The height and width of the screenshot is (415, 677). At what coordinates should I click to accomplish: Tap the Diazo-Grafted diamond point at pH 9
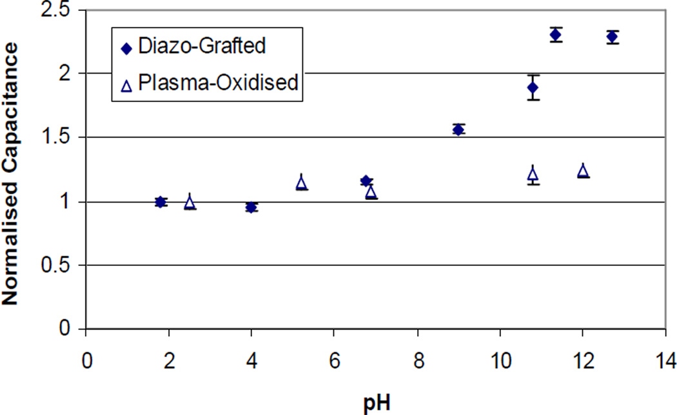pyautogui.click(x=458, y=129)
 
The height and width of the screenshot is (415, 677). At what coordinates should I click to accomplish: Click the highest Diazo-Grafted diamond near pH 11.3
pyautogui.click(x=556, y=34)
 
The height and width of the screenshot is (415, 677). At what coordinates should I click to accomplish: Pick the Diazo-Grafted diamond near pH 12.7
pyautogui.click(x=613, y=37)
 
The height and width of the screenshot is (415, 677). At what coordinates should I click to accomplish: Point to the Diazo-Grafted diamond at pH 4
pyautogui.click(x=251, y=207)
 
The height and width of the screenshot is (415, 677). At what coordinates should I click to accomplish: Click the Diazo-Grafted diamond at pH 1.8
pyautogui.click(x=161, y=202)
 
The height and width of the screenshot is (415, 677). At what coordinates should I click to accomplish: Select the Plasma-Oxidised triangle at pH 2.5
pyautogui.click(x=190, y=202)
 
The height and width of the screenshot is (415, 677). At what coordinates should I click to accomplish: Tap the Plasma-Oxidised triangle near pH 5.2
pyautogui.click(x=301, y=183)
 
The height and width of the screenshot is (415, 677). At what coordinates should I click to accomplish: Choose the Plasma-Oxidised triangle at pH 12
pyautogui.click(x=583, y=170)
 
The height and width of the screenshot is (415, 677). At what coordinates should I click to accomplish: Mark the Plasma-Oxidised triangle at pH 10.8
pyautogui.click(x=533, y=174)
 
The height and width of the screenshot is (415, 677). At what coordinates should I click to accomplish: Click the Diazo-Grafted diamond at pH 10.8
pyautogui.click(x=533, y=87)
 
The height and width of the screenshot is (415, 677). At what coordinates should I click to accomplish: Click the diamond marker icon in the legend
pyautogui.click(x=126, y=47)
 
